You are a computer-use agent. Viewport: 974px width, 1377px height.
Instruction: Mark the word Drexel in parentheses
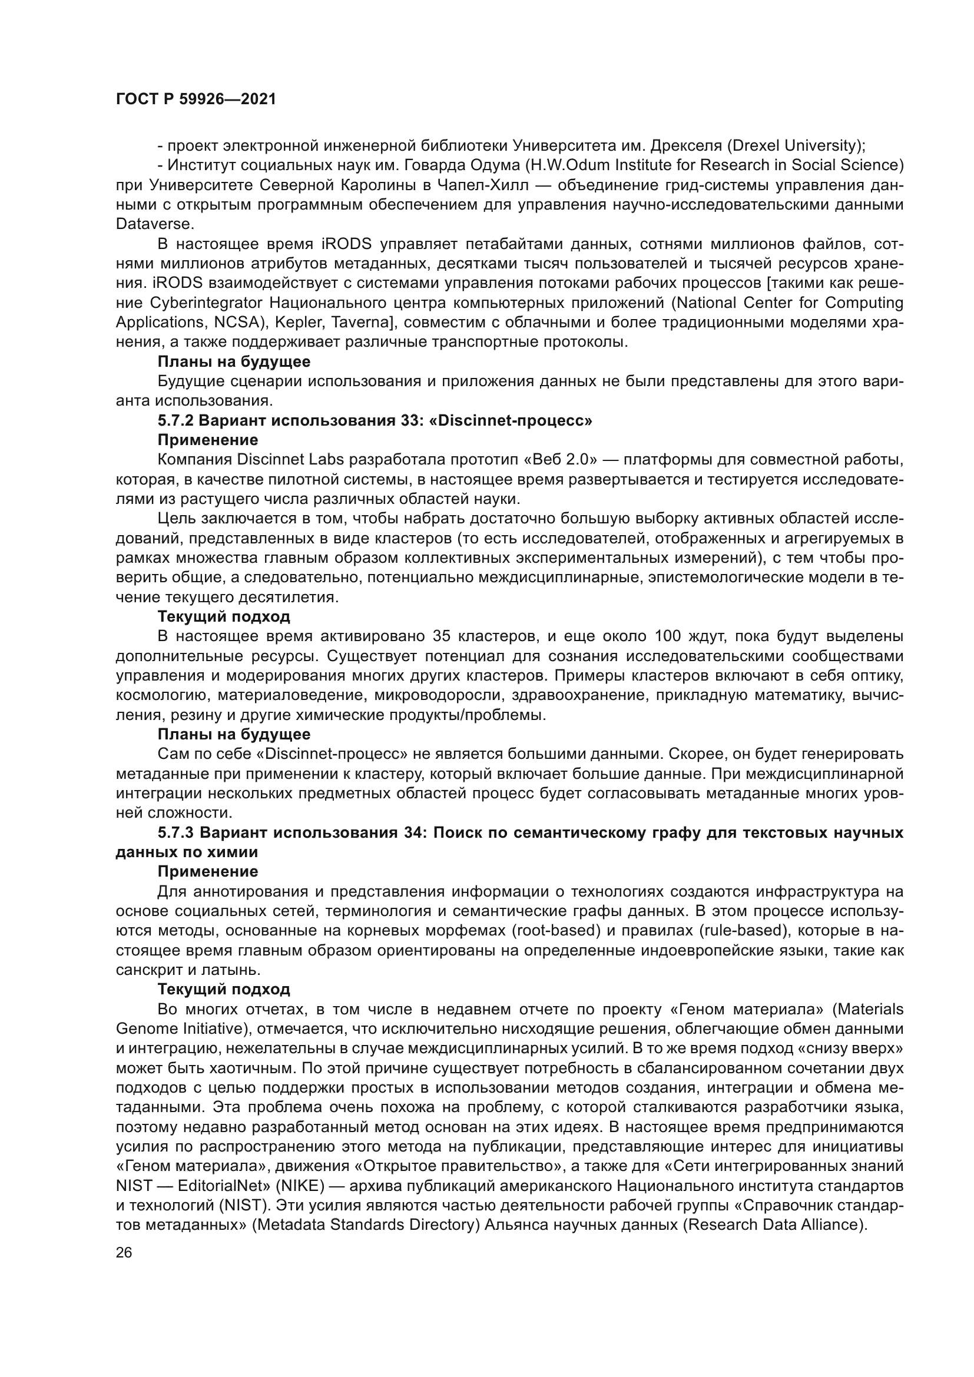tap(757, 145)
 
